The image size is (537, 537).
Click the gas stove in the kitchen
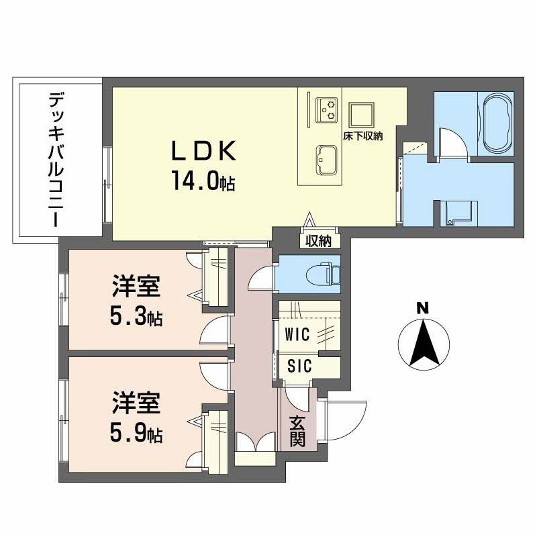pos(328,109)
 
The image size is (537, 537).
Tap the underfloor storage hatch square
pos(360,115)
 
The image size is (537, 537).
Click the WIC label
pos(296,334)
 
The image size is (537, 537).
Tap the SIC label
pos(299,367)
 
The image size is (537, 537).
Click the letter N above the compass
pos(422,308)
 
